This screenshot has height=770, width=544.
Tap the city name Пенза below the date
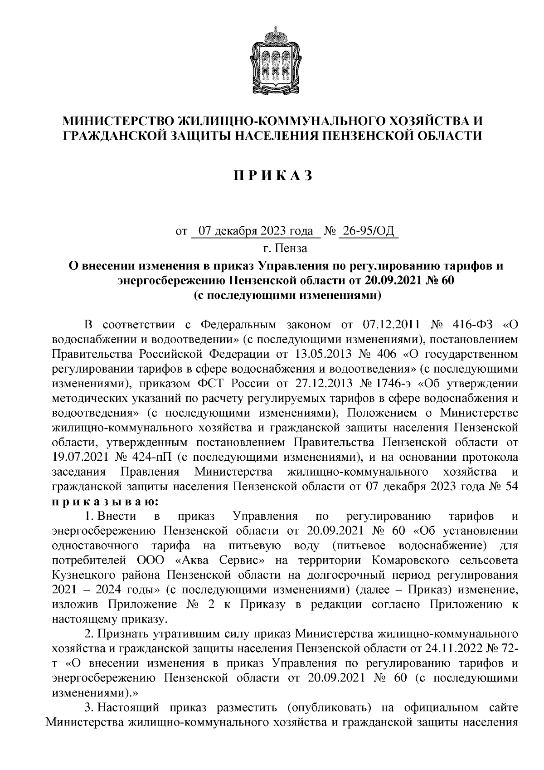[291, 249]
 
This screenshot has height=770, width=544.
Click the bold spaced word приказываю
[105, 502]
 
